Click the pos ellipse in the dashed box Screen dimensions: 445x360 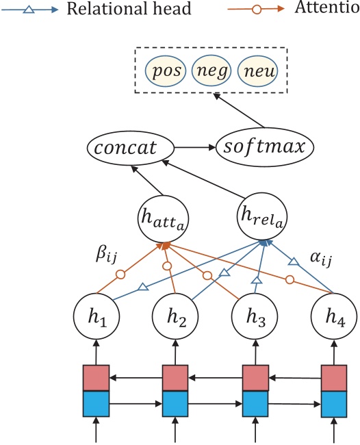[x=164, y=71]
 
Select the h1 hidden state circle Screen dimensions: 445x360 [x=97, y=319]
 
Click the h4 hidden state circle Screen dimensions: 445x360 [x=334, y=319]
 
